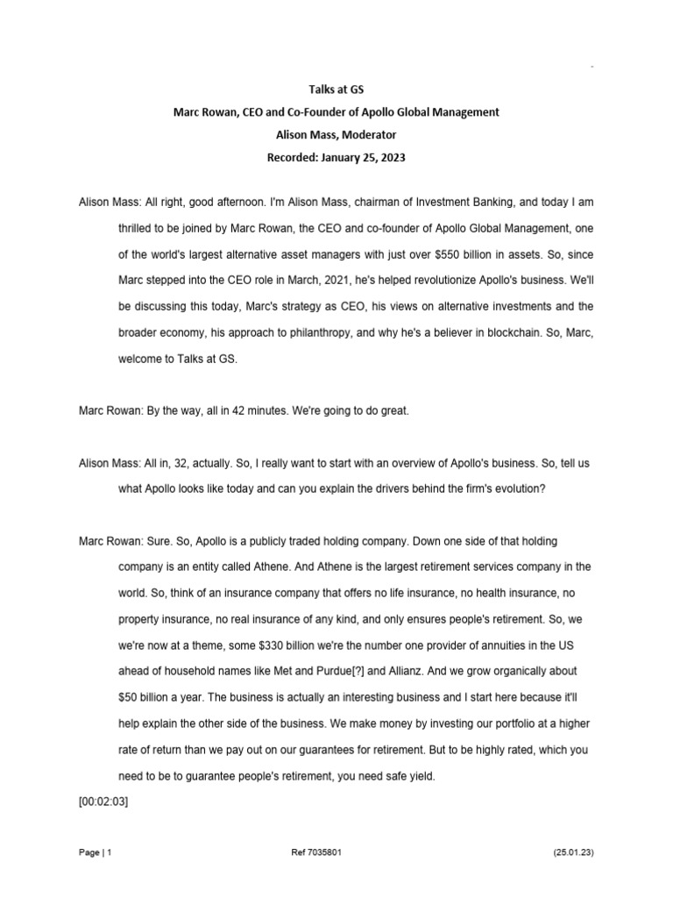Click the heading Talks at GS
tap(336, 89)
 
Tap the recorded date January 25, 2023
tap(360, 157)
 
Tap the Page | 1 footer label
tap(95, 852)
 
